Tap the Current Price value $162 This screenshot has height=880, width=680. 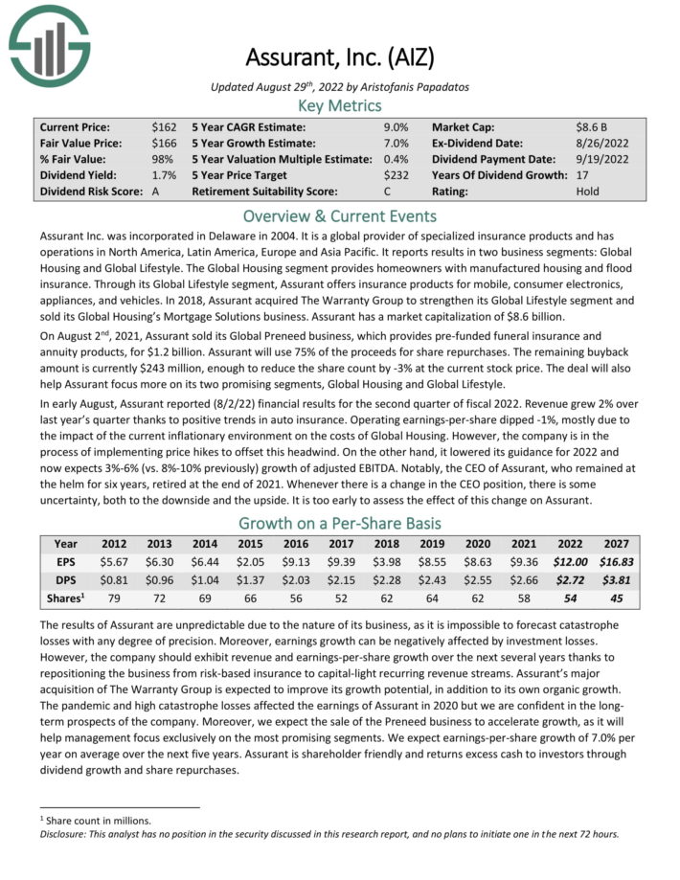(164, 126)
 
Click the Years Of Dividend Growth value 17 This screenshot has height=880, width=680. (582, 175)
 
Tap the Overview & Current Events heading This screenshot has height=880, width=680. (340, 215)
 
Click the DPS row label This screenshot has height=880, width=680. (66, 581)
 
